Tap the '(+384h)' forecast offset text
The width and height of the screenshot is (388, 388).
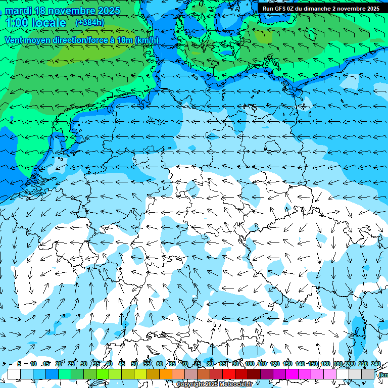click(90, 23)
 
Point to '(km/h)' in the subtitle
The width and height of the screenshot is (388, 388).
click(147, 40)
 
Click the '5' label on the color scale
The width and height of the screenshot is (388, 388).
click(19, 364)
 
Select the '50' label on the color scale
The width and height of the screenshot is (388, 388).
click(134, 364)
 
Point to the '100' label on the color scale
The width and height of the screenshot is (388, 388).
click(250, 364)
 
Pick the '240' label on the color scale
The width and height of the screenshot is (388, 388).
click(376, 364)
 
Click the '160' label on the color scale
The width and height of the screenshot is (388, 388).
click(325, 364)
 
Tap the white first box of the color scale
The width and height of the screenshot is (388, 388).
click(14, 374)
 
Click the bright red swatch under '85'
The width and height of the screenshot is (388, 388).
click(229, 374)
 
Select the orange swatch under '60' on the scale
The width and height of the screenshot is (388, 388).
click(166, 374)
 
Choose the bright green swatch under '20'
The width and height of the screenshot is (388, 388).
click(65, 374)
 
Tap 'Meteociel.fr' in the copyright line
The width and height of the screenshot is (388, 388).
click(236, 384)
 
